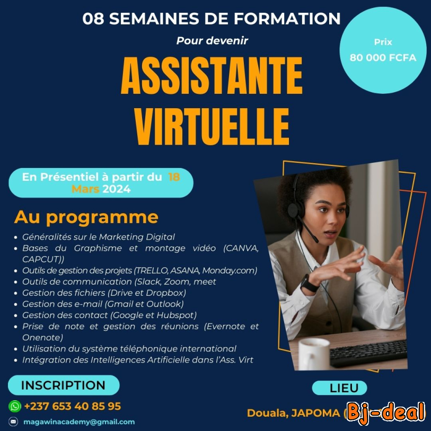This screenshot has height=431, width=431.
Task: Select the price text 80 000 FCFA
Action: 383,58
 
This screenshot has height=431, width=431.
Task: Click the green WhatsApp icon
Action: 15,407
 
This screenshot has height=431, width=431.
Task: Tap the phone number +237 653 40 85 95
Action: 73,407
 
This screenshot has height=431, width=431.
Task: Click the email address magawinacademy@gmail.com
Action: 79,422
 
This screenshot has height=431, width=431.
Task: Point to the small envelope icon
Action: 14,422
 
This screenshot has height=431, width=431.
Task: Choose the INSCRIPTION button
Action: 63,385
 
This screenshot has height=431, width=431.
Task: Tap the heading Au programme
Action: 86,217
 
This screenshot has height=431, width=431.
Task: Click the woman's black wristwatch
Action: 309,283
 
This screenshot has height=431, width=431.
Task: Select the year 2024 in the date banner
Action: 117,189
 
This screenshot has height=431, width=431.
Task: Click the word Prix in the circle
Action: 383,42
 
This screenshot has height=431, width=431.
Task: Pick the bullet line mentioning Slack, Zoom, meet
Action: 119,282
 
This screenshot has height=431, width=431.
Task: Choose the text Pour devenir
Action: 212,40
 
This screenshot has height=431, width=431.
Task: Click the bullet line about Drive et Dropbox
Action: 104,293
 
